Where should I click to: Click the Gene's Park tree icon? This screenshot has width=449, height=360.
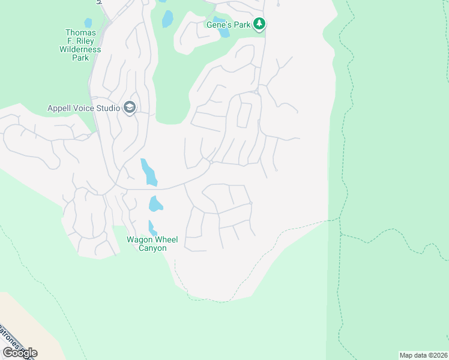pos(259,24)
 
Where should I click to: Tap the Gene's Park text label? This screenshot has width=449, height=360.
pos(229,24)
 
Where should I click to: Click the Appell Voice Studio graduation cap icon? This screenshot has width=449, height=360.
pos(129,108)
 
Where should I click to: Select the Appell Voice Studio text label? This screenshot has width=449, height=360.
pos(84,109)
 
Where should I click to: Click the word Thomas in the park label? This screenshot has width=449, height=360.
pos(80,32)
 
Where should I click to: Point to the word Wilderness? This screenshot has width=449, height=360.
pos(80,49)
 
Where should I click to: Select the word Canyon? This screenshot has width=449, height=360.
pos(152,248)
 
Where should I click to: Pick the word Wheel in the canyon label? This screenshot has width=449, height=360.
pos(164,240)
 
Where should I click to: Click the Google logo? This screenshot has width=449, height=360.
pos(20,353)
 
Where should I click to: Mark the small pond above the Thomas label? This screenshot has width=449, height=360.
pos(89,23)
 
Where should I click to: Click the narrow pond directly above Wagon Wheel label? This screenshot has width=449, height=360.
pos(152,228)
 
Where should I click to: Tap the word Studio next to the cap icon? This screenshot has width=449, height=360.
pos(109,109)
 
